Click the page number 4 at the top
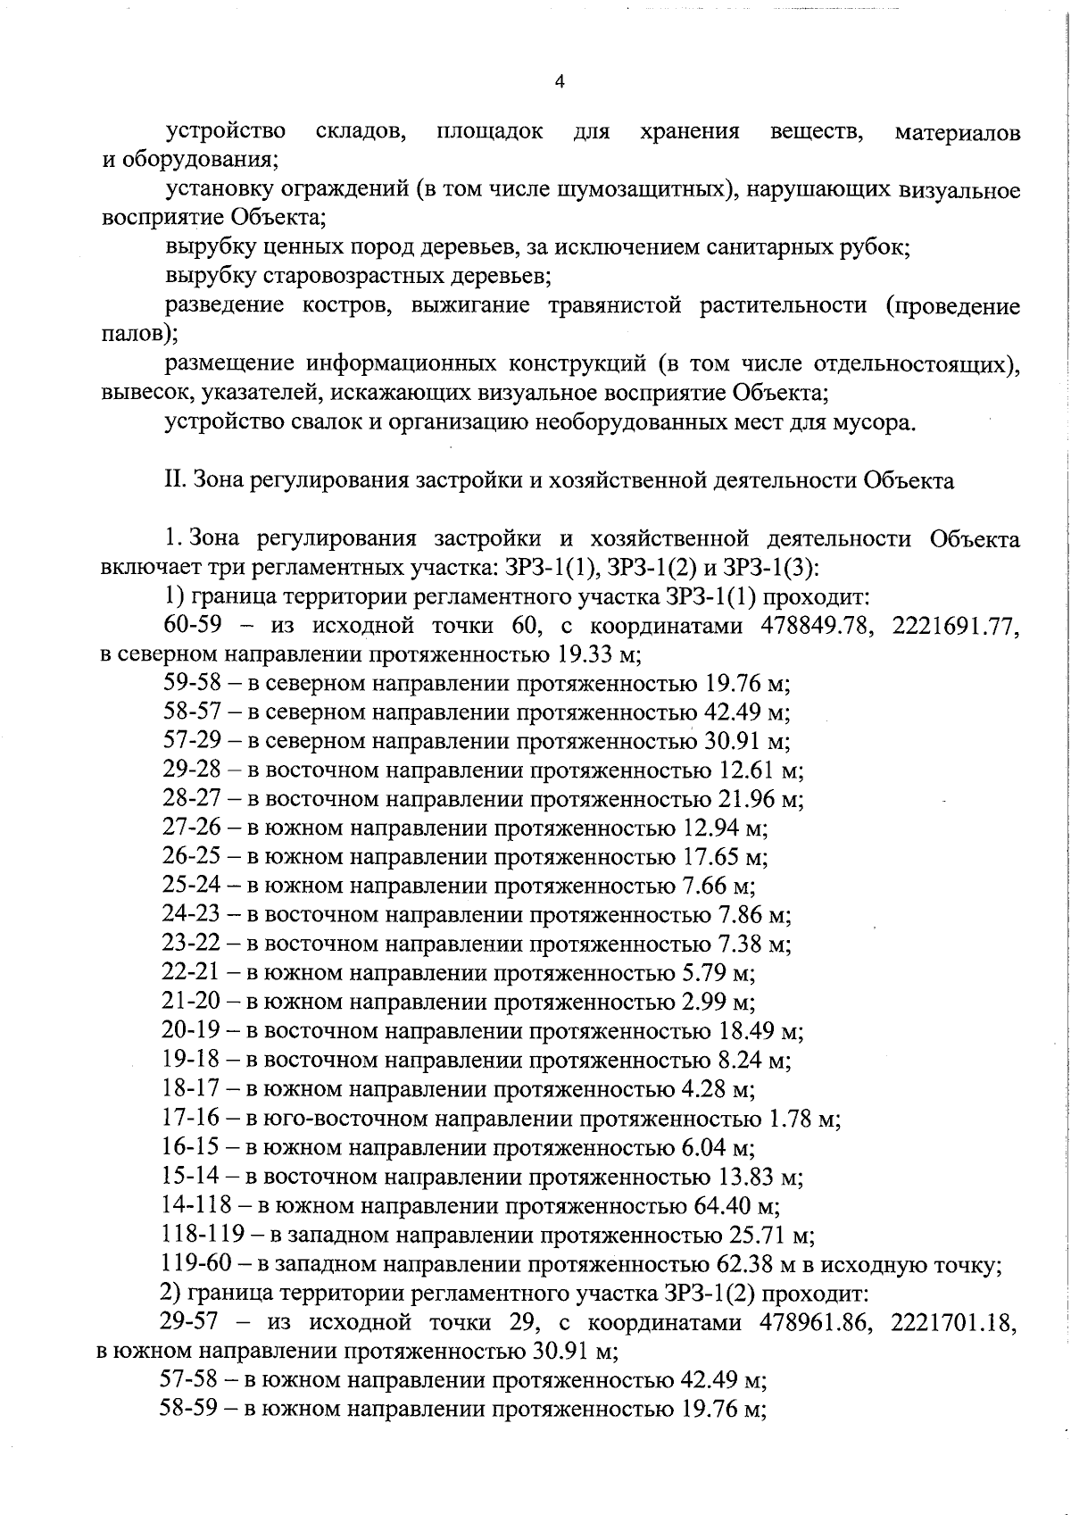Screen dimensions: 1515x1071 (x=560, y=82)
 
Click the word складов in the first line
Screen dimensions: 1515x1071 (x=361, y=132)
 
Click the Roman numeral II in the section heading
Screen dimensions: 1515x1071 (x=174, y=480)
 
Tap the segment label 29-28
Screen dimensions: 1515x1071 (x=191, y=770)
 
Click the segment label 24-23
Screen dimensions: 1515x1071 (x=191, y=915)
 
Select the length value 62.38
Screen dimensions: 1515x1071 (x=745, y=1264)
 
